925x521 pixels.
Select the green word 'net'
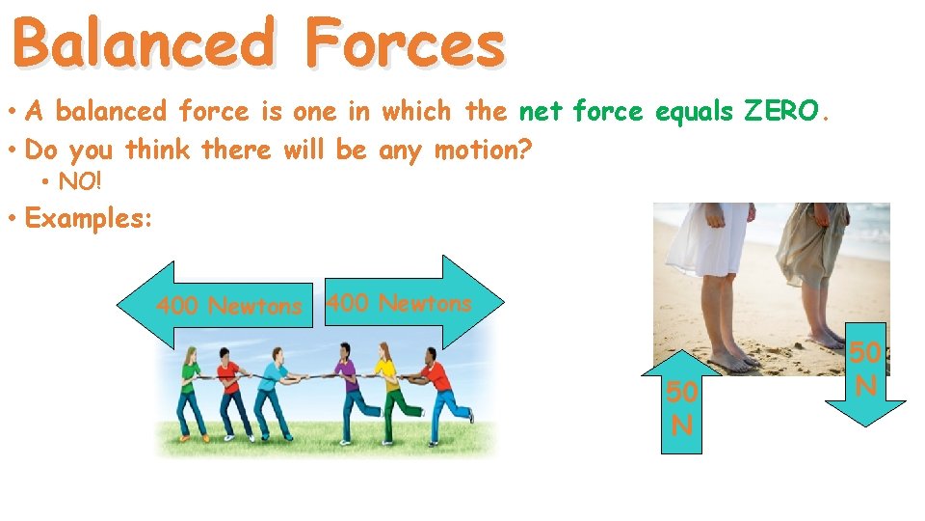[x=542, y=112]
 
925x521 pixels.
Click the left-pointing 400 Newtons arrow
[x=212, y=306]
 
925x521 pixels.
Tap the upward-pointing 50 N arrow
[x=681, y=405]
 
